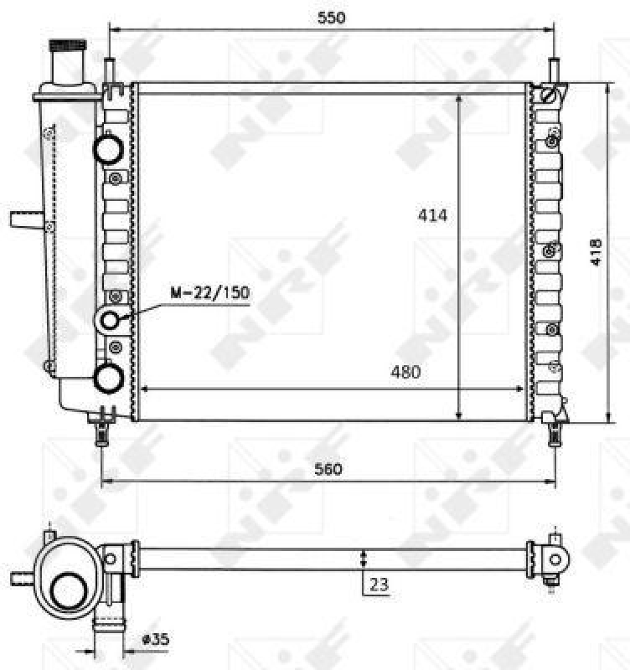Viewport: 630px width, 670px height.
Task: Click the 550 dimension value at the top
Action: [332, 17]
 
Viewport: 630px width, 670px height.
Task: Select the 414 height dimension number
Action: [434, 215]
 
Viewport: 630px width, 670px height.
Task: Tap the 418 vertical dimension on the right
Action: [596, 252]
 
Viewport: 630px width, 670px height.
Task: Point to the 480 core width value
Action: [405, 372]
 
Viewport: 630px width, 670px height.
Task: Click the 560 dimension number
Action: [328, 470]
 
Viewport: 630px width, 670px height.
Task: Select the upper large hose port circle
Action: [110, 149]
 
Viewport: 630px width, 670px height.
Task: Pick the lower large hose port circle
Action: [110, 378]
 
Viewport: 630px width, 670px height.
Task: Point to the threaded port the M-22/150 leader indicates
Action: [111, 319]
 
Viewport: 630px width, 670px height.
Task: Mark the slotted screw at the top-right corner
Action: [550, 94]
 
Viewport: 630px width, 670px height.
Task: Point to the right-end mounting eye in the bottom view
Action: [556, 559]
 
